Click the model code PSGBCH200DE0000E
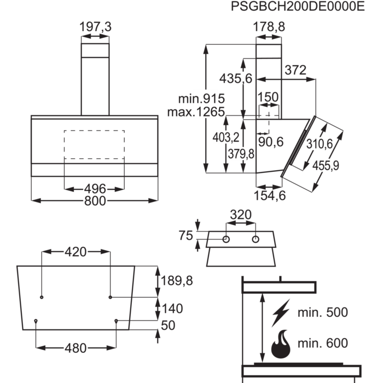(x=298, y=7)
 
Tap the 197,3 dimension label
(x=95, y=27)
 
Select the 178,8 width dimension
(x=269, y=27)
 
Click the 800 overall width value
(x=95, y=201)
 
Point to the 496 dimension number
(x=95, y=189)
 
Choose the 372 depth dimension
(x=295, y=71)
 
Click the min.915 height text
(x=201, y=98)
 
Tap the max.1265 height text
(x=196, y=112)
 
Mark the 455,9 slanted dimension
(x=326, y=166)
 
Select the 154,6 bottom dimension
(x=270, y=196)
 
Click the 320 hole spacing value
(x=241, y=215)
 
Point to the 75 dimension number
(x=186, y=235)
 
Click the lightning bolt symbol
(x=281, y=313)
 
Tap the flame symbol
(x=281, y=344)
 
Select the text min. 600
(x=323, y=343)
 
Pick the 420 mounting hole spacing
(x=76, y=252)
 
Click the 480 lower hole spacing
(x=76, y=348)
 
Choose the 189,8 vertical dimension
(x=177, y=281)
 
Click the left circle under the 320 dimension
(x=226, y=240)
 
